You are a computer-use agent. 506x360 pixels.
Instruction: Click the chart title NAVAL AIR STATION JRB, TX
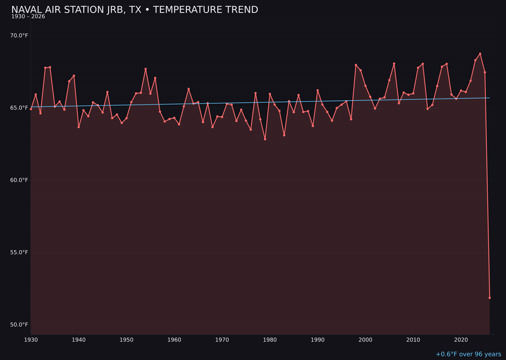coord(134,10)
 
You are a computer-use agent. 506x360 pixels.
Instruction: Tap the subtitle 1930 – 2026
coord(28,17)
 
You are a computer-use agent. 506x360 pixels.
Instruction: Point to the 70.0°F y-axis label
coord(19,36)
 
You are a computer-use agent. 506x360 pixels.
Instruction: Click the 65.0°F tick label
coord(19,108)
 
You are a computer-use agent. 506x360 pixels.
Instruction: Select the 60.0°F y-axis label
coord(19,180)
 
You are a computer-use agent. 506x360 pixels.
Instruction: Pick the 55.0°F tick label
coord(19,252)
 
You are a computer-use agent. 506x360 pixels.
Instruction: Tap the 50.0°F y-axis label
coord(19,325)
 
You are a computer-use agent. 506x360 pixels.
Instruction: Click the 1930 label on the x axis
coord(31,340)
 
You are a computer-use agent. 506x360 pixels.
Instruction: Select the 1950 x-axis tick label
coord(126,340)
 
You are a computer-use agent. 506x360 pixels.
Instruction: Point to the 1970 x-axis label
coord(222,340)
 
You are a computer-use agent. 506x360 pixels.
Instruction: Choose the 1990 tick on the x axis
coord(318,340)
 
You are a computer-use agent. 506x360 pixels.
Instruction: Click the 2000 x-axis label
coord(365,340)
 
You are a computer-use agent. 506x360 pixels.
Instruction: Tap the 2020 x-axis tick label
coord(461,340)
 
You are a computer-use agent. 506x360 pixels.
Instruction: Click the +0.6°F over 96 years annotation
coord(468,354)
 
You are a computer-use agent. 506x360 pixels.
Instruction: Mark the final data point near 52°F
coord(490,298)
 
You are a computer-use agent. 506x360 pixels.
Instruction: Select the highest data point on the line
coord(480,54)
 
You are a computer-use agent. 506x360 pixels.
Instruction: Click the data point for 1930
coord(31,109)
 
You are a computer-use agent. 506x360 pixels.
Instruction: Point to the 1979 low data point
coord(265,139)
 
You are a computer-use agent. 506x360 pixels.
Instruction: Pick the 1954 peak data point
coord(146,69)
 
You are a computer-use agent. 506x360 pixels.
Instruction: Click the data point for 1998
coord(356,65)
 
